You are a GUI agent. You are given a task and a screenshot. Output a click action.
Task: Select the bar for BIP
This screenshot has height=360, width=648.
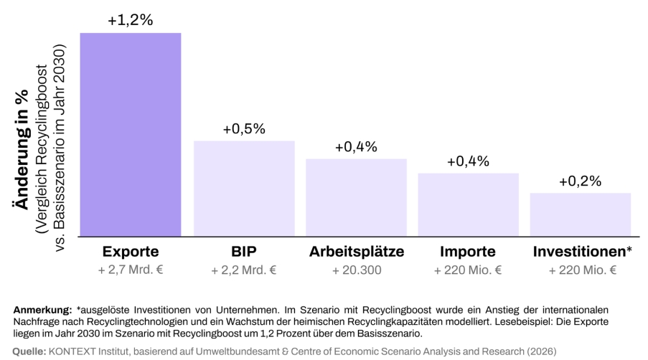point(244,188)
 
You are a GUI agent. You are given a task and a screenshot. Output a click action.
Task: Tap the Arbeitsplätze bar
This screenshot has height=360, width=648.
point(356,196)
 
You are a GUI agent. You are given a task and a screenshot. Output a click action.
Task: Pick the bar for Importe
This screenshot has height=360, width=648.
point(468,204)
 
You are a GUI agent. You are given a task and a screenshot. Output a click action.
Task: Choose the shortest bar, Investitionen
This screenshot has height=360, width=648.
point(580,214)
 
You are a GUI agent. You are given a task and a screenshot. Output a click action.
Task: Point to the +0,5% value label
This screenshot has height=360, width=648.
point(244,129)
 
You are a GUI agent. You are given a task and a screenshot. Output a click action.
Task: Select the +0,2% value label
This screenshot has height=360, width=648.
point(580,181)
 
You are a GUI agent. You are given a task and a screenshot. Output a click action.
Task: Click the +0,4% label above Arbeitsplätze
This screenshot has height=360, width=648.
point(356,147)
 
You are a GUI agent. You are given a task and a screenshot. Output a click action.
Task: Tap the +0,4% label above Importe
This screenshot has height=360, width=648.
point(468,161)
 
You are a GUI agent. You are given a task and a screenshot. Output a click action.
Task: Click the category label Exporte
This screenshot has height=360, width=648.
point(130,252)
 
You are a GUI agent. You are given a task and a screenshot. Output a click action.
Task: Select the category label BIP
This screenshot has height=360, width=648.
point(244,252)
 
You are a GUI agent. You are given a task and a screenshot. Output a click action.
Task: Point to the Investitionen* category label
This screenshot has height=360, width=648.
point(582,252)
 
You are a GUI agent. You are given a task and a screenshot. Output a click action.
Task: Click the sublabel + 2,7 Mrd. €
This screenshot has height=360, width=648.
point(130,270)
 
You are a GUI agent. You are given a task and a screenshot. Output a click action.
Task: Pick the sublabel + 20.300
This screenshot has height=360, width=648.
point(356,270)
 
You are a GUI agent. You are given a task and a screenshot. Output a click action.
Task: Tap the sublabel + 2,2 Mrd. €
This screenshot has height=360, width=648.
point(244,270)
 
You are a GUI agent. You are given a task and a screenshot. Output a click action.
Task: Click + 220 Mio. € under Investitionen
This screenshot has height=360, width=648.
point(582,270)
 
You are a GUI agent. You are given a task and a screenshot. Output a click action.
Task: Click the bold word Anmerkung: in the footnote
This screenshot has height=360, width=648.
point(42,310)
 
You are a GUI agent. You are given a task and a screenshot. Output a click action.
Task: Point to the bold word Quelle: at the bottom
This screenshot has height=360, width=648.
point(29,351)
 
